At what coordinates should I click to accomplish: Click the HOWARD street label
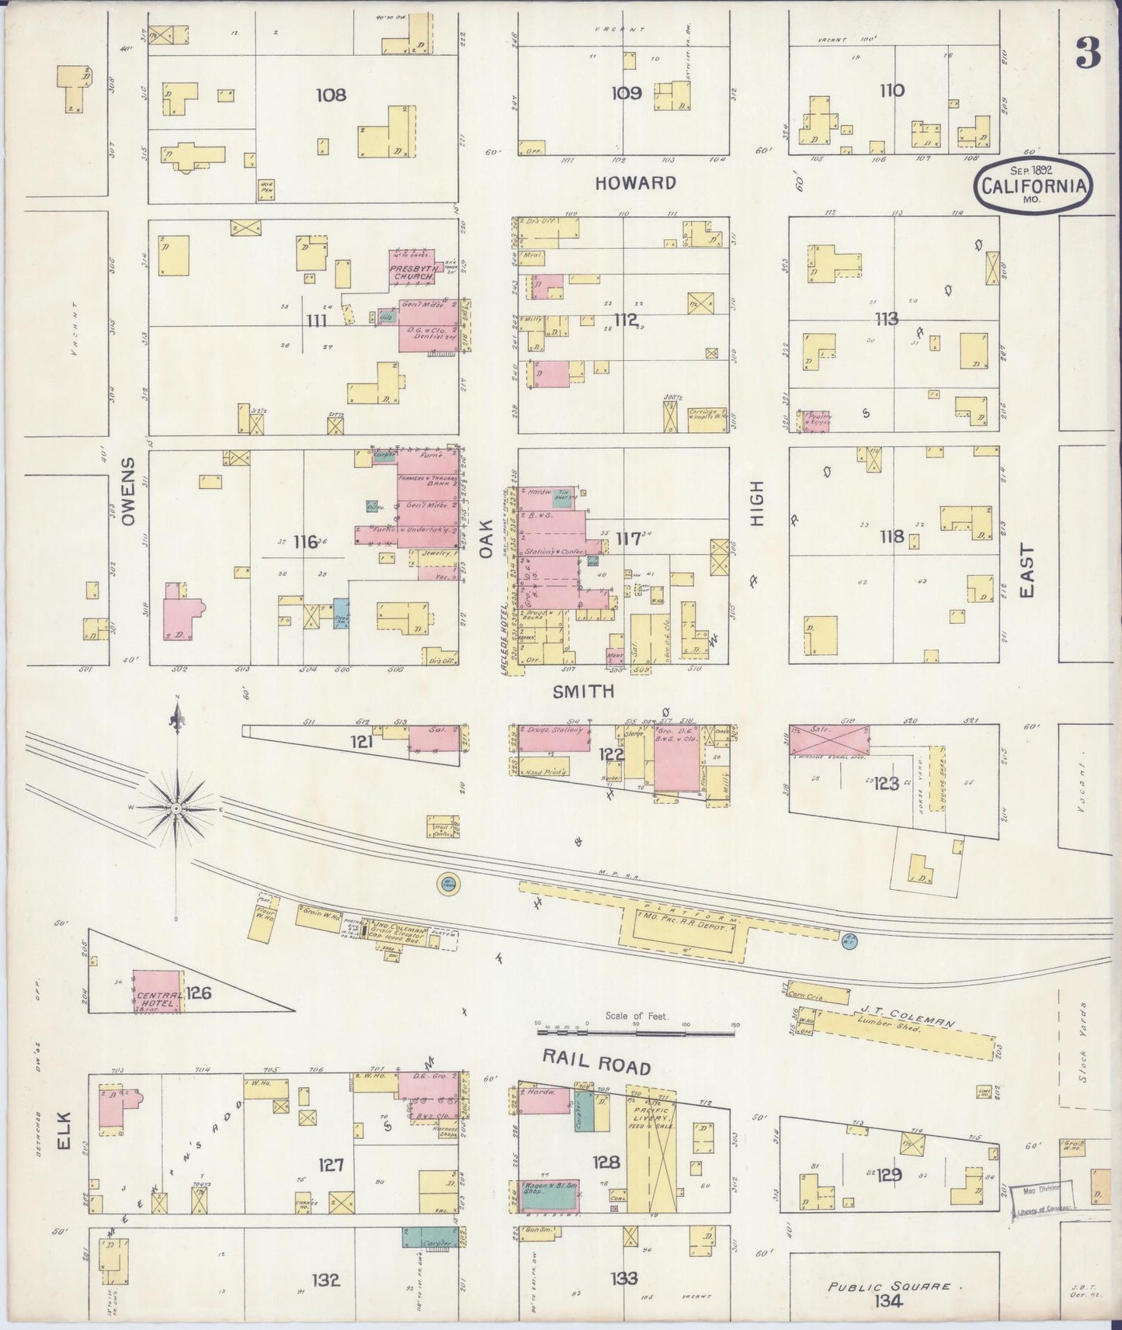pos(635,183)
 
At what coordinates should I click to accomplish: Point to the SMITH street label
pos(583,691)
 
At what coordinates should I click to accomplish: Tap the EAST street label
pos(1026,570)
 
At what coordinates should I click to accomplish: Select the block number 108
pos(331,95)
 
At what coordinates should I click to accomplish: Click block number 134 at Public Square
pos(887,1301)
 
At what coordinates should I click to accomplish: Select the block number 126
pos(199,992)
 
